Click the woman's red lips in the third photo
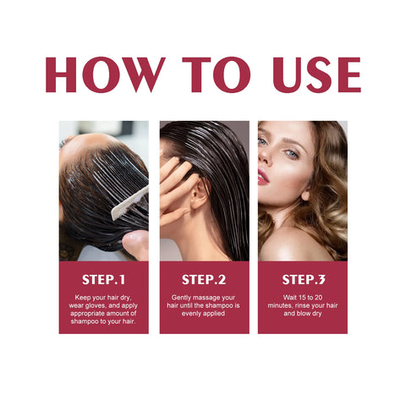(x=263, y=175)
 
